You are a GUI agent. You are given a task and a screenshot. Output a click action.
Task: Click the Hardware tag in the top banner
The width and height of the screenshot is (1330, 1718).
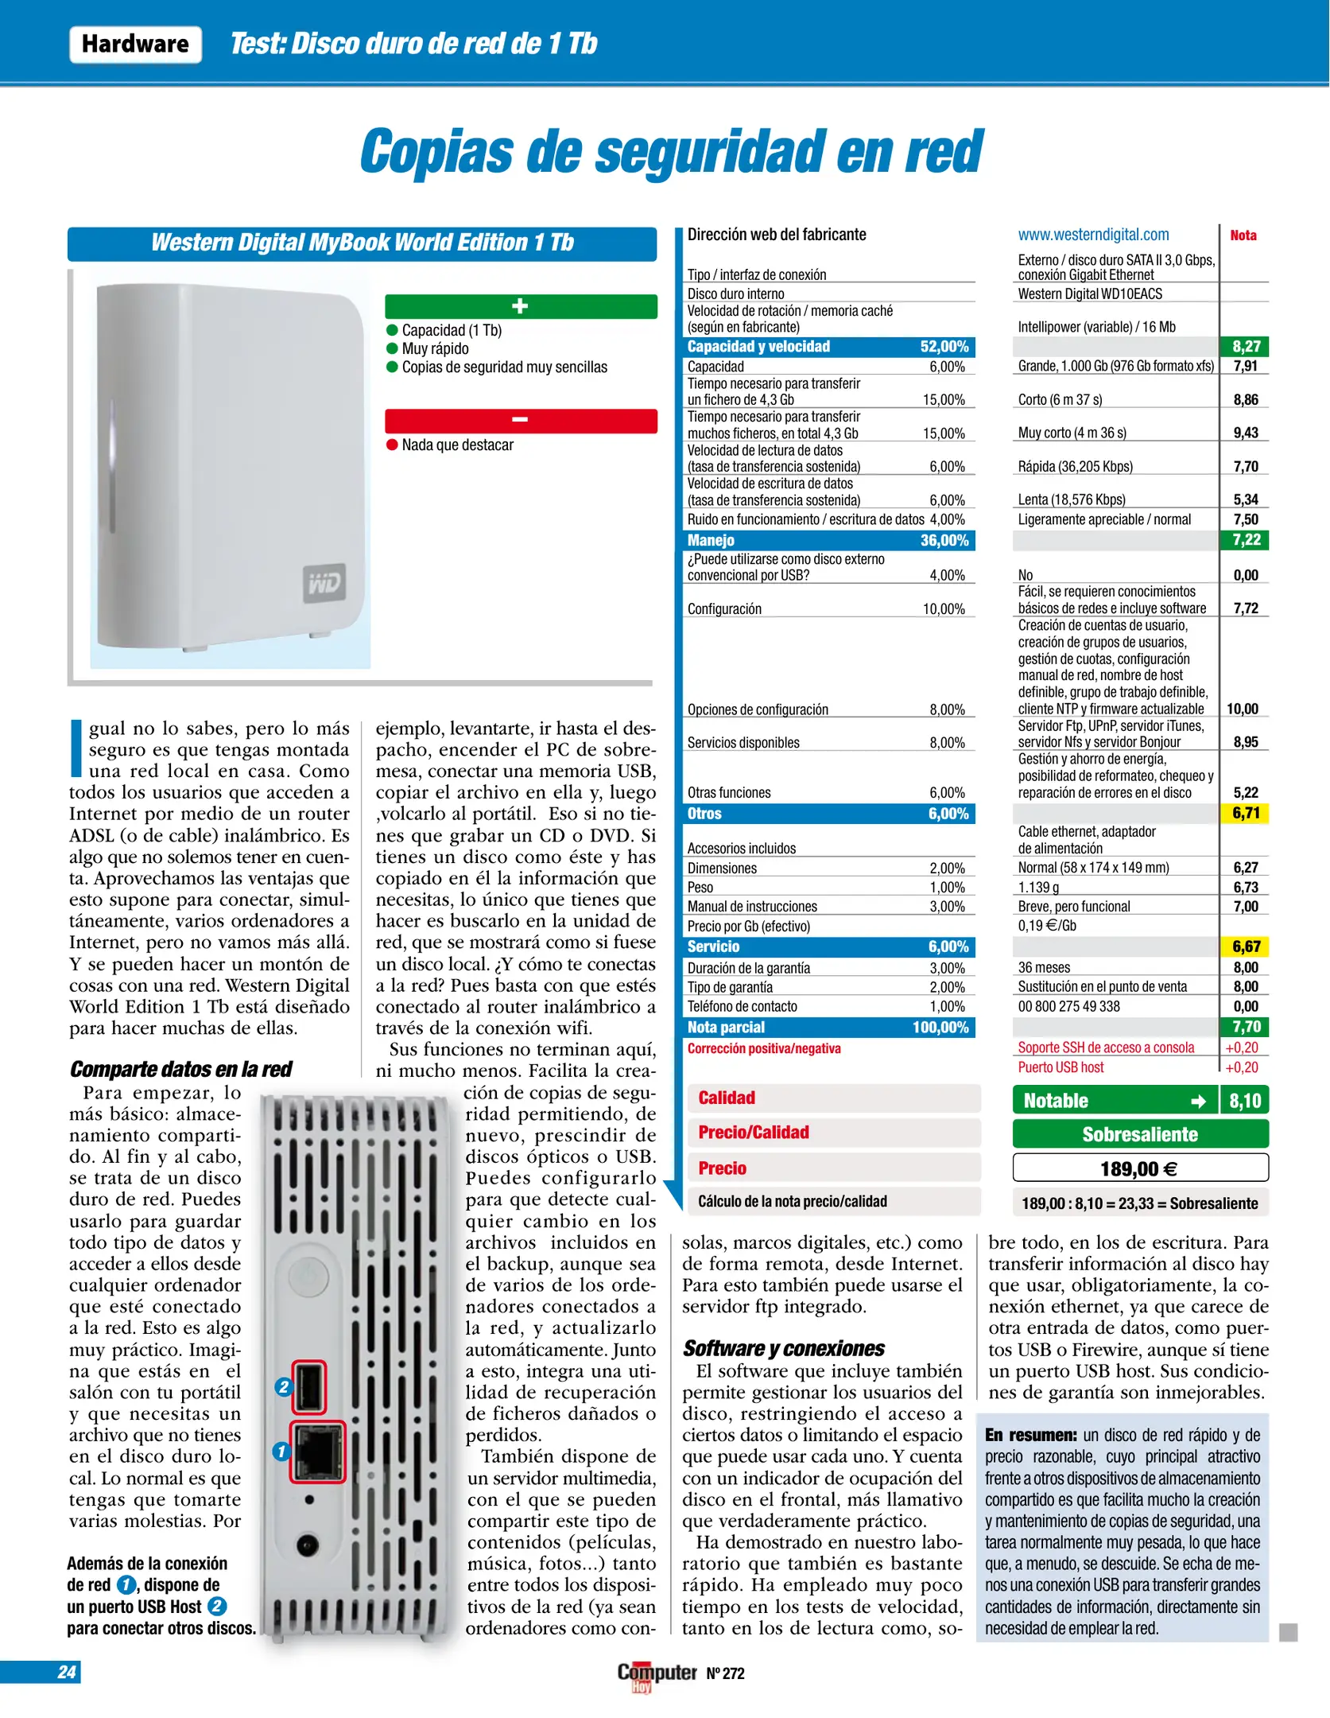pos(135,44)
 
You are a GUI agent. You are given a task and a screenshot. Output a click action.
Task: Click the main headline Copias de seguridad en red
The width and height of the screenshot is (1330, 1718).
pos(672,151)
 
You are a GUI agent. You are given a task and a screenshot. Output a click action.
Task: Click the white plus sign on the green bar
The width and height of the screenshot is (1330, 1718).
pos(520,306)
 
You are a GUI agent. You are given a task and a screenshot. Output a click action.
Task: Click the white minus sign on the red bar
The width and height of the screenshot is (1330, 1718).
pos(520,420)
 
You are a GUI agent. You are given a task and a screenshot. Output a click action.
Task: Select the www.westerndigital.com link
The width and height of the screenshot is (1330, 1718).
pos(1093,235)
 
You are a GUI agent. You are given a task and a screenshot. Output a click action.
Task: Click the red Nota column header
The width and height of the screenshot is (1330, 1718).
pos(1243,235)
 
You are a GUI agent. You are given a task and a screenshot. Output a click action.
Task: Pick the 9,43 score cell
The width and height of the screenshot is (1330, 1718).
pos(1245,433)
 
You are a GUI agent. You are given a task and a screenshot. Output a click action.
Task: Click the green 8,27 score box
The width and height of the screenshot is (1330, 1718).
pos(1245,347)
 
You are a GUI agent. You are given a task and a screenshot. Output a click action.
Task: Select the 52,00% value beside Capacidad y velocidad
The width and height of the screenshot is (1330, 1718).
pos(944,347)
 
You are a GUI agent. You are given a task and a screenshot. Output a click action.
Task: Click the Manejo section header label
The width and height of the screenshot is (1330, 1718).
pos(711,541)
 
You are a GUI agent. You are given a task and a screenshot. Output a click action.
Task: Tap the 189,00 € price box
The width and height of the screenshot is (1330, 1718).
pos(1139,1168)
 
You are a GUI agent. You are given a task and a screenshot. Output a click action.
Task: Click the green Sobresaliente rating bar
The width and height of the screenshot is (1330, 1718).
pos(1139,1134)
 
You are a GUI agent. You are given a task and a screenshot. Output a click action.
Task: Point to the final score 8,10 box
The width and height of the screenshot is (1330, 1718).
pos(1245,1101)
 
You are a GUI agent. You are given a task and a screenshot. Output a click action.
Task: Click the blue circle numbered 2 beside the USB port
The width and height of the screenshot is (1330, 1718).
pos(284,1387)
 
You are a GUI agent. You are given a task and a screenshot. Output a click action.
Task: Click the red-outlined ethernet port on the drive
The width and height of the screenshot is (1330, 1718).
pos(317,1452)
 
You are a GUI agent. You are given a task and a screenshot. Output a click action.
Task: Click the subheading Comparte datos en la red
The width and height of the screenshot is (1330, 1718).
pos(180,1069)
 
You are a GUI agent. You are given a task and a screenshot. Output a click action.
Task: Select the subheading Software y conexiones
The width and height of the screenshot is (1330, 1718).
pos(783,1348)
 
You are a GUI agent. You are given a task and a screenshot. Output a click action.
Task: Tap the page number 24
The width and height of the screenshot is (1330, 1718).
pos(67,1672)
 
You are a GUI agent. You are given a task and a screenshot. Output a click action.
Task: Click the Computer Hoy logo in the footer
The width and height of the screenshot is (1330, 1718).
pos(656,1674)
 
